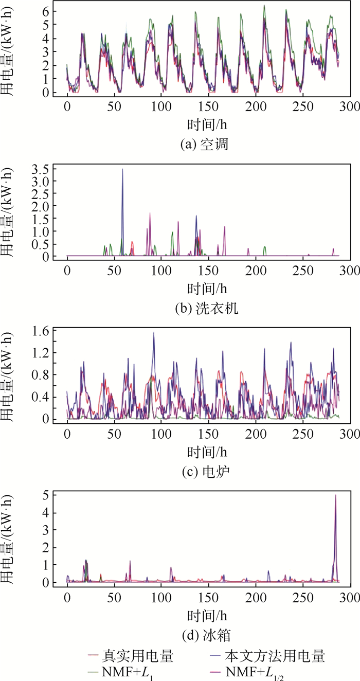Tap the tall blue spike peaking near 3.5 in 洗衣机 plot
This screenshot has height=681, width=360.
click(x=122, y=169)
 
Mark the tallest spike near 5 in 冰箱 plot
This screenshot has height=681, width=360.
click(x=335, y=495)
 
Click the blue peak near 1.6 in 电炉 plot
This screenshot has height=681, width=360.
click(x=153, y=333)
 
